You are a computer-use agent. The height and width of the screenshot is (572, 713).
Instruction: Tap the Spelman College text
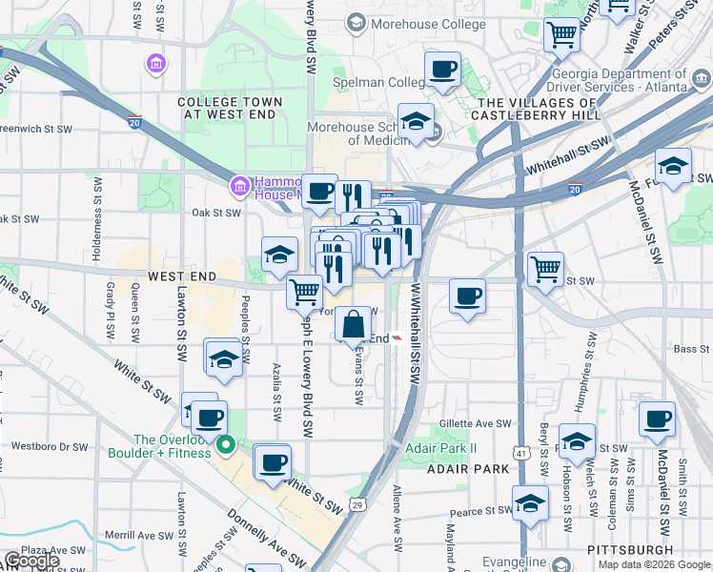tap(378, 83)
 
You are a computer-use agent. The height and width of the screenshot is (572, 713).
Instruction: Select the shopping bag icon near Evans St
tap(353, 325)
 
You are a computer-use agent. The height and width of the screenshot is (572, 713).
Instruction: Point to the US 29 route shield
tap(357, 504)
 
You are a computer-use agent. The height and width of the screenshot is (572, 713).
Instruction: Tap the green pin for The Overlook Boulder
tap(226, 444)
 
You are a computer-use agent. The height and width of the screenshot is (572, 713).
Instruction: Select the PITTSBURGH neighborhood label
tap(631, 551)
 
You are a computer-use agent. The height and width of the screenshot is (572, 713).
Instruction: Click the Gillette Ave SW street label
tap(476, 424)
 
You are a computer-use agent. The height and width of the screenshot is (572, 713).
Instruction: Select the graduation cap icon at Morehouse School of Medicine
tap(416, 122)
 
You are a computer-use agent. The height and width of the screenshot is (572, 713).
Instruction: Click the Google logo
tap(31, 561)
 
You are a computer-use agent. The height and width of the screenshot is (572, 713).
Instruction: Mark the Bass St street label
tap(686, 350)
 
